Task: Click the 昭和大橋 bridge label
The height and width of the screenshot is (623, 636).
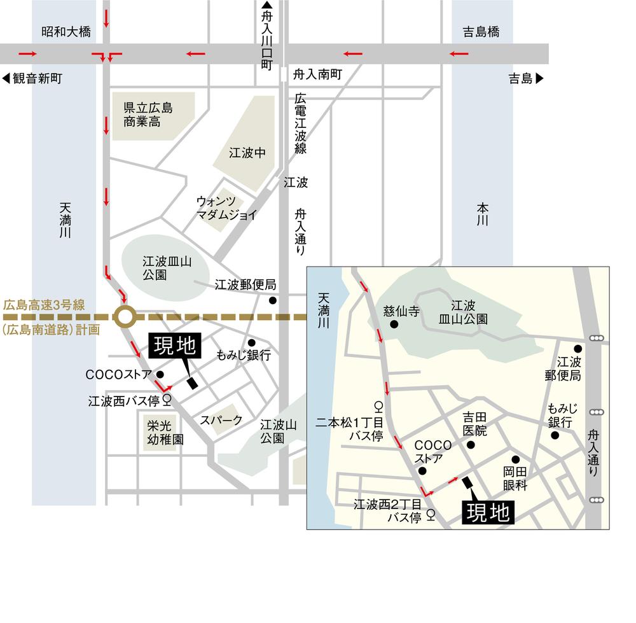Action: [x=66, y=32]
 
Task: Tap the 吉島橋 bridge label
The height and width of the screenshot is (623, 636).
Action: [x=481, y=32]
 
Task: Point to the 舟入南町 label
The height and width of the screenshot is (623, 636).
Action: [x=317, y=74]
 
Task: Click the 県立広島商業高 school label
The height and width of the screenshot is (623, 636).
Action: [x=148, y=114]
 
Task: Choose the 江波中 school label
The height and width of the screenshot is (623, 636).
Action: [x=246, y=153]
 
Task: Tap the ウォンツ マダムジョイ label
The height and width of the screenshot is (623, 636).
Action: [x=226, y=208]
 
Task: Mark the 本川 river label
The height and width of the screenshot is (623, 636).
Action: [x=482, y=214]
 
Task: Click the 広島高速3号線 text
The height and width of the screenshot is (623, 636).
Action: [x=44, y=305]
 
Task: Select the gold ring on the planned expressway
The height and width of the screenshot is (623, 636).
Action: [x=125, y=316]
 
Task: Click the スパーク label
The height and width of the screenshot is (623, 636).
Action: [x=221, y=420]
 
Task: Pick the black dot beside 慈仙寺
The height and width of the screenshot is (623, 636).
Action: [x=394, y=325]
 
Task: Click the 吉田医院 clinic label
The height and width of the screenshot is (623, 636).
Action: [x=474, y=424]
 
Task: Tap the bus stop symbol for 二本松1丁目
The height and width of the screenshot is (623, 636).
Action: [x=378, y=405]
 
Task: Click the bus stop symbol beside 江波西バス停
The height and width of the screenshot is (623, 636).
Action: [x=167, y=400]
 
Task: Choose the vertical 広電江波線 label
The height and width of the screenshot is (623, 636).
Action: [x=301, y=124]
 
